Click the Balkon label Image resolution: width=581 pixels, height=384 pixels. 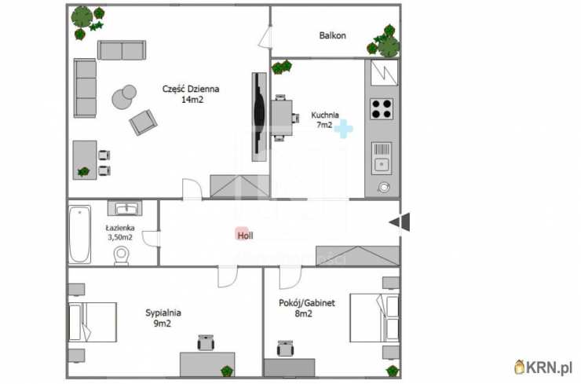pos(332,35)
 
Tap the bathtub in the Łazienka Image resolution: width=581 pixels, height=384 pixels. pos(79,234)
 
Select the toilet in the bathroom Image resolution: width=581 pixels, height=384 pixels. pos(121,256)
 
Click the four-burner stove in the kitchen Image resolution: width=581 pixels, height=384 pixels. pos(382,109)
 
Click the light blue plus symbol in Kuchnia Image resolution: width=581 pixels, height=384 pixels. pos(343,129)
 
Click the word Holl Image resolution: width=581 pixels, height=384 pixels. pos(245,236)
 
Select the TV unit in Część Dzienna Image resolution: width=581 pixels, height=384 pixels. pos(259,117)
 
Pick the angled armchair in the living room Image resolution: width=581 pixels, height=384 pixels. pos(143,123)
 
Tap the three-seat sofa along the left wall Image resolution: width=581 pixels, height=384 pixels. pos(86,88)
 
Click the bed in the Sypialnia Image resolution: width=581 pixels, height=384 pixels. pos(93,322)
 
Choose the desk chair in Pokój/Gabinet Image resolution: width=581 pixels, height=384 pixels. pos(285,349)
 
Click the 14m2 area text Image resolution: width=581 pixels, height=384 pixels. pos(192,99)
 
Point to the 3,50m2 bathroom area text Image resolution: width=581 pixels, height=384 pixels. pos(120,237)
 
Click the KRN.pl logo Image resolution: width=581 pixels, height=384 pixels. pos(543,368)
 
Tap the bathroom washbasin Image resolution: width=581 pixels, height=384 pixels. pos(126,208)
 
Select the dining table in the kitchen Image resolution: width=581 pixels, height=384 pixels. pos(282,118)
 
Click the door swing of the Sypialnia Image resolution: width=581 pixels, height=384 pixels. pos(228,276)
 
